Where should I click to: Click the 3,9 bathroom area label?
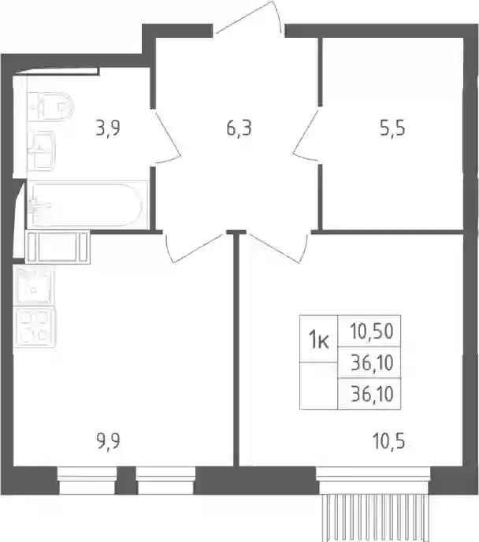coord(108,128)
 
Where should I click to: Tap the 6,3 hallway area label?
coord(239,128)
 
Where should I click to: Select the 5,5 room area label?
coord(392,128)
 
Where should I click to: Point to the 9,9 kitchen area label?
coord(108,441)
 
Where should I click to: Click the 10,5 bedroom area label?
coord(389,441)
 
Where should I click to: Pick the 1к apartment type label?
coord(318,339)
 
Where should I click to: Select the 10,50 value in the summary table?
coord(372,331)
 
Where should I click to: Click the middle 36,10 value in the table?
coord(372,362)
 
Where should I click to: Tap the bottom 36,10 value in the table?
coord(372,394)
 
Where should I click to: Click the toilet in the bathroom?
coord(50,106)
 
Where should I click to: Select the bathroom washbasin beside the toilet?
coord(42,151)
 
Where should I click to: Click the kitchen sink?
coord(34,285)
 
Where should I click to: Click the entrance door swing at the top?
coord(249,18)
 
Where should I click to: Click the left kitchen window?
coord(87,481)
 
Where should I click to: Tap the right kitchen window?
coord(165,481)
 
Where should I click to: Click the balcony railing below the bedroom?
coord(375,518)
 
